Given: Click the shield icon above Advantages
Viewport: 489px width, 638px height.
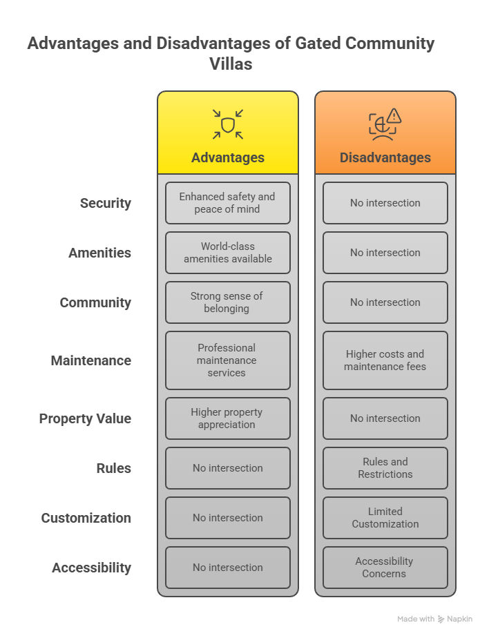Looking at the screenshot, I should [x=228, y=125].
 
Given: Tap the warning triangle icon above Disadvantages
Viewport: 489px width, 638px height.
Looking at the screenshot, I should [x=394, y=115].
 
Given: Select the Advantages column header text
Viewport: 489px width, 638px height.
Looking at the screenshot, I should [x=228, y=157].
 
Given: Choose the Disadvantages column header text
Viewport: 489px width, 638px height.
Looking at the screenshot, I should [x=385, y=157].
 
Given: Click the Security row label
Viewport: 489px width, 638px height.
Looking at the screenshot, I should [x=105, y=203].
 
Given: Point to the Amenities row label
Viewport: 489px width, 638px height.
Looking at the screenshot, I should [x=99, y=253].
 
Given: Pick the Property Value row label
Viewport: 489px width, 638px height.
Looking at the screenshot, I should [x=85, y=418].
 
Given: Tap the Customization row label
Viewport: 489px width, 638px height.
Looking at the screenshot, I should [x=86, y=518].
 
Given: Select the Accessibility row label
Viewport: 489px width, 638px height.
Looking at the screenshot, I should [x=91, y=568].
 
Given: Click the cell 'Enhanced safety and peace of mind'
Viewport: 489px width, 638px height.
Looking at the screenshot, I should [x=227, y=203].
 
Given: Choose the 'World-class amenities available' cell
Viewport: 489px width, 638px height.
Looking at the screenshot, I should [x=227, y=253].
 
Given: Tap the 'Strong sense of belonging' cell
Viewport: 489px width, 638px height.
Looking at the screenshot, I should [x=227, y=302].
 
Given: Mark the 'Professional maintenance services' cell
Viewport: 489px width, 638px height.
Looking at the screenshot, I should [x=227, y=360].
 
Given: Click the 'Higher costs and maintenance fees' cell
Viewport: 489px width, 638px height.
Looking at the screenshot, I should [x=385, y=360].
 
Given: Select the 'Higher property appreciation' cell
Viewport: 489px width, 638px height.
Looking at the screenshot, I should [x=227, y=418].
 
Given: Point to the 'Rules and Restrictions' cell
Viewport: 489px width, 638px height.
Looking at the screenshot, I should [x=385, y=468].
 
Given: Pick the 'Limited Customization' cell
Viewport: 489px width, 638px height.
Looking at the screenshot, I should [x=385, y=518].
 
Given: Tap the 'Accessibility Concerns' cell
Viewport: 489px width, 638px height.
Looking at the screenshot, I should [x=385, y=568].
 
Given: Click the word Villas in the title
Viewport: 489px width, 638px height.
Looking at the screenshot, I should [x=231, y=64].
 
